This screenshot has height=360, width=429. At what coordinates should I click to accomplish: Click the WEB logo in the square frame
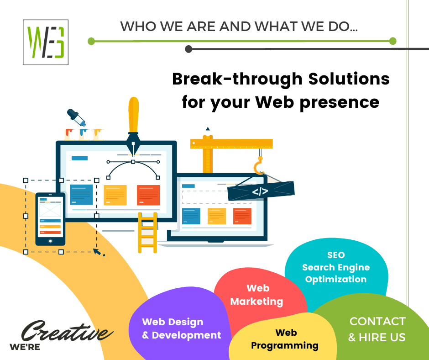tap(46, 42)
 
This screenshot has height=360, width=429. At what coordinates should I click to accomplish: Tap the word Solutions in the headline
tap(349, 79)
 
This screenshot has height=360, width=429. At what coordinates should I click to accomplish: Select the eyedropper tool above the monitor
tap(76, 117)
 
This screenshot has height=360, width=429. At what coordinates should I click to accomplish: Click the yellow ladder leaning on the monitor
tap(147, 233)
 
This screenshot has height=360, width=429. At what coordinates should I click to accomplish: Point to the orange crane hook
tap(259, 166)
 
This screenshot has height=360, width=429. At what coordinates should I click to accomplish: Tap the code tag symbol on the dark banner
tap(260, 191)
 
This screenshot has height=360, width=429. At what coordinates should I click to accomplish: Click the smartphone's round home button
tap(50, 241)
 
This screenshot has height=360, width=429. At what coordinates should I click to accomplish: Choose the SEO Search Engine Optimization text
tap(336, 267)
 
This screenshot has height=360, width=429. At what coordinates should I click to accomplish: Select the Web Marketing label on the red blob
tap(256, 295)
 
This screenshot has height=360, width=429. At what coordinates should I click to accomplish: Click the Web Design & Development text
tap(181, 328)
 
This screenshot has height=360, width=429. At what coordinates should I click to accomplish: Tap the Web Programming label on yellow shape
tap(285, 339)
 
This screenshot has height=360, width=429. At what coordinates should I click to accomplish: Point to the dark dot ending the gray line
tap(188, 49)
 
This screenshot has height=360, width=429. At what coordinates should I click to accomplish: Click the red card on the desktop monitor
tap(148, 195)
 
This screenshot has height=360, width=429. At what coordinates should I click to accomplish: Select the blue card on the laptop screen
tap(191, 216)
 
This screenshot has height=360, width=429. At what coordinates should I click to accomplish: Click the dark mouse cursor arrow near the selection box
tap(97, 252)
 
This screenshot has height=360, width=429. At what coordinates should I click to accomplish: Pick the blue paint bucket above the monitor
tap(84, 134)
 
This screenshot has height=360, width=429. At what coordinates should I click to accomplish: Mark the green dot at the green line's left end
tap(91, 42)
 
